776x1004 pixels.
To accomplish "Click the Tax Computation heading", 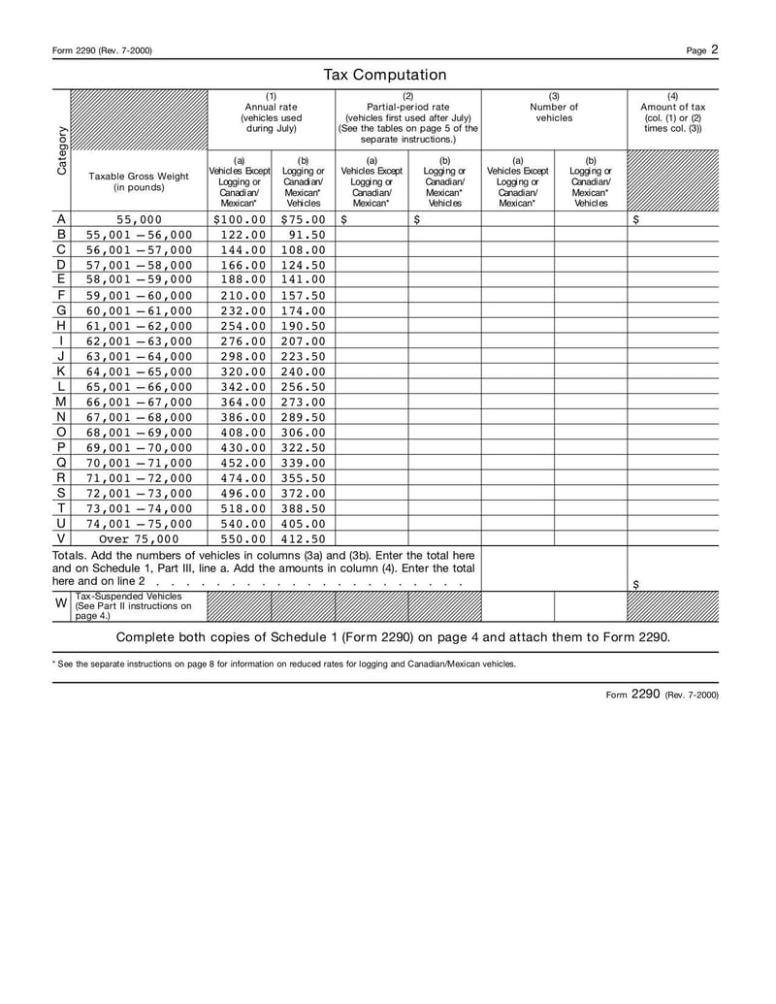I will point(385,75).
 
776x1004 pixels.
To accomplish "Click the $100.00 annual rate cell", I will point(239,219).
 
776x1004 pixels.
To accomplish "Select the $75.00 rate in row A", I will point(303,219).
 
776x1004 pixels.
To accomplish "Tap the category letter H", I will point(61,326).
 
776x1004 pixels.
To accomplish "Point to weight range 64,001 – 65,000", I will point(139,372).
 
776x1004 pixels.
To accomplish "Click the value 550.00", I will point(244,538).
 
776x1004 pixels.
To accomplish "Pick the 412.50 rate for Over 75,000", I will point(303,538).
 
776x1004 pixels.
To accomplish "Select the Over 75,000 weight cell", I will point(139,538).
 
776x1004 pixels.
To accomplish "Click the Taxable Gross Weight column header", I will point(139,181).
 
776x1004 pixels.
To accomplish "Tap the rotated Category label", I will point(61,150).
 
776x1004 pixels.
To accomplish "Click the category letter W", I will point(61,603).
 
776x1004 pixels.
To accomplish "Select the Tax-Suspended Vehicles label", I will point(133,605).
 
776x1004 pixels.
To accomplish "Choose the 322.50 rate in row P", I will point(303,447).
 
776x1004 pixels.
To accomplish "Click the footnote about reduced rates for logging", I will point(284,664).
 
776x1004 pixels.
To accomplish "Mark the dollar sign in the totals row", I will point(635,584).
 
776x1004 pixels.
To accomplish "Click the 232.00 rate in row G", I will point(244,310).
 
